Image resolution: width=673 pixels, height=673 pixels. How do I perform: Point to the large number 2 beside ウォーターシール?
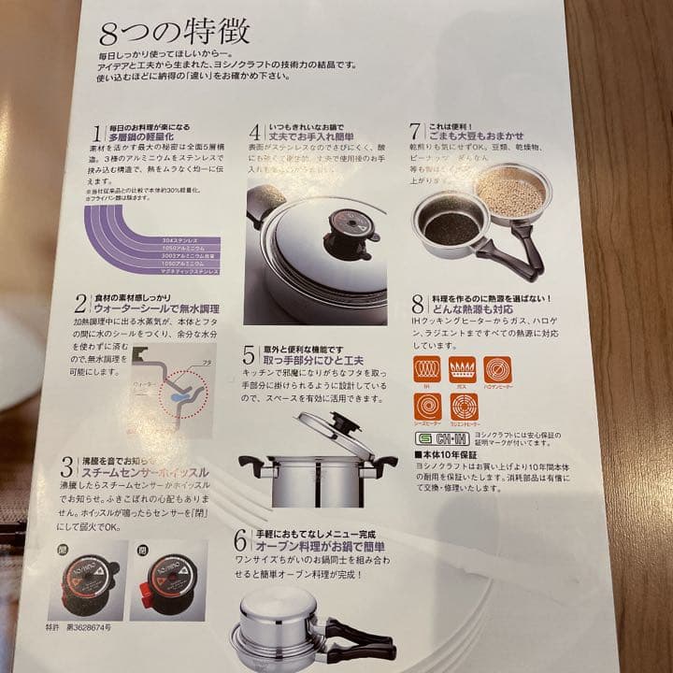pyautogui.click(x=81, y=301)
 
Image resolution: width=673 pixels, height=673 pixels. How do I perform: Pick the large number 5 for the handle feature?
pyautogui.click(x=249, y=354)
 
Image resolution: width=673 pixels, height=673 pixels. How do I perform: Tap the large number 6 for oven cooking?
pyautogui.click(x=240, y=539)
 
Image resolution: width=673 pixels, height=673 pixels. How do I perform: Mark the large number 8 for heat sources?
pyautogui.click(x=418, y=305)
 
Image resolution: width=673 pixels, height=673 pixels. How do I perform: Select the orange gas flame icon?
pyautogui.click(x=462, y=369)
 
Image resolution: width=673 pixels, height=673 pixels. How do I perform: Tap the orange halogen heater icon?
pyautogui.click(x=497, y=369)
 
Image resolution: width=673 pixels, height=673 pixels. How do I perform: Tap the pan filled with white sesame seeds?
pyautogui.click(x=509, y=193)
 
